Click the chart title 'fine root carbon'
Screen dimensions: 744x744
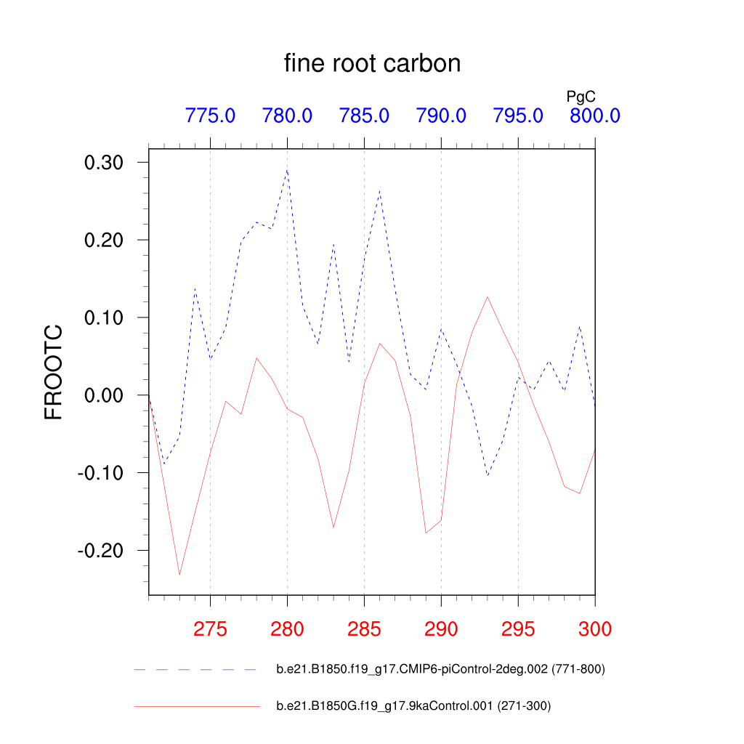(x=372, y=64)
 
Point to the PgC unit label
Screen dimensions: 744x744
(x=581, y=96)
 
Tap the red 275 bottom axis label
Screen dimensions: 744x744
(x=210, y=629)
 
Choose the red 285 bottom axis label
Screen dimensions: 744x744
(x=364, y=629)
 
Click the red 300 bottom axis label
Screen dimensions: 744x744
(x=594, y=629)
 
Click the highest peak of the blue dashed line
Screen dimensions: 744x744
(x=287, y=170)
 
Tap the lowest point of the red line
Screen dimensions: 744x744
(x=179, y=575)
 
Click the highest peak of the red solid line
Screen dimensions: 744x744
(x=488, y=296)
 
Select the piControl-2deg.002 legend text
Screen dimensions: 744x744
(x=440, y=669)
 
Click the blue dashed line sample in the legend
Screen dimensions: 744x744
(x=196, y=669)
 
